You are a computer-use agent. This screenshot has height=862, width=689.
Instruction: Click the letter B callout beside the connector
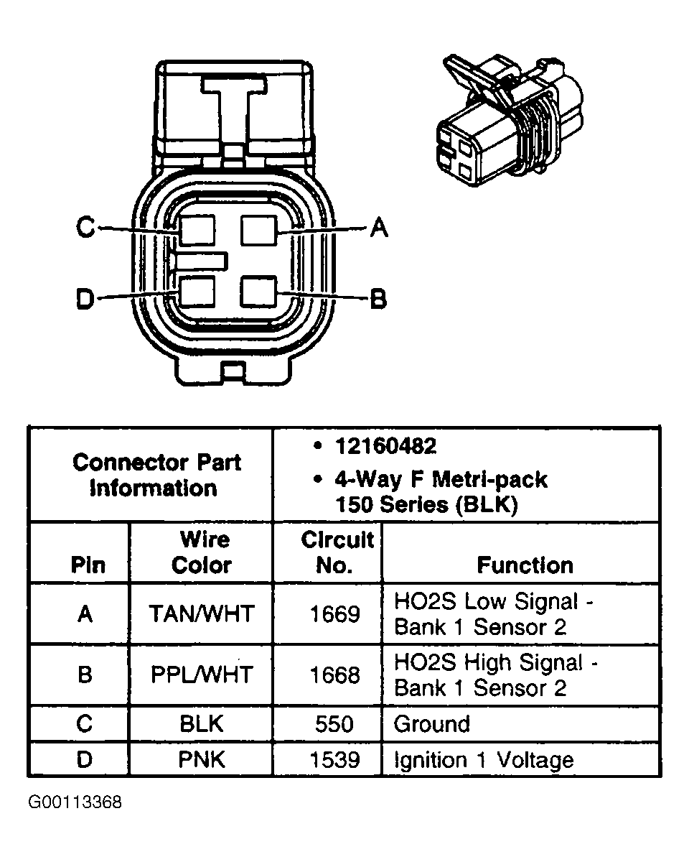pos(378,298)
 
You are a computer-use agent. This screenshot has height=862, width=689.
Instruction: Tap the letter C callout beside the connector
pos(85,228)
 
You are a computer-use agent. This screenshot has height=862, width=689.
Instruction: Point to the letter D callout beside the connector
pos(85,299)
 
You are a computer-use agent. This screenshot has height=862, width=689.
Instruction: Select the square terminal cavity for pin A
pos(259,231)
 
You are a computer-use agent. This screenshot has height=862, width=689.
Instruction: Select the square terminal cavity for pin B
pos(259,292)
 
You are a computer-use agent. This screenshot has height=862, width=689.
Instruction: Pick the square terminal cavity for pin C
pos(197,231)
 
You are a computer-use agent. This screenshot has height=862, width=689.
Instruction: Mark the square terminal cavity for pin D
pos(197,292)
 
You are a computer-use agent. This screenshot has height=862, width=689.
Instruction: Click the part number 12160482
pos(385,446)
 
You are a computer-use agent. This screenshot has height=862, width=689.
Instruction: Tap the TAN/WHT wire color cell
pos(201,613)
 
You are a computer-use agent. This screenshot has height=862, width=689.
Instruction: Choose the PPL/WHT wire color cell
pos(202,675)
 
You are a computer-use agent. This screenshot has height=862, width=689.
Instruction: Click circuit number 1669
pos(334,614)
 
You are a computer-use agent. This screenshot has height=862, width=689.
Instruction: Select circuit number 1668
pos(334,675)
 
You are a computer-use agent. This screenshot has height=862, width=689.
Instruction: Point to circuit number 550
pos(334,724)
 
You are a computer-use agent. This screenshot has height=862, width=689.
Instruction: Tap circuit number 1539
pos(334,760)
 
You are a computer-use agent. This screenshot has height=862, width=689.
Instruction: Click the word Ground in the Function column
pos(431,724)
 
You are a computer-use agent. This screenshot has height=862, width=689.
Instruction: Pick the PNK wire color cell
pos(202,760)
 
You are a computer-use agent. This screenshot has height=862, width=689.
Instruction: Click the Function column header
pos(525,565)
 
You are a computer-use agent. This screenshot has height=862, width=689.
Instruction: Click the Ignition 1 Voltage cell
pos(484,760)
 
